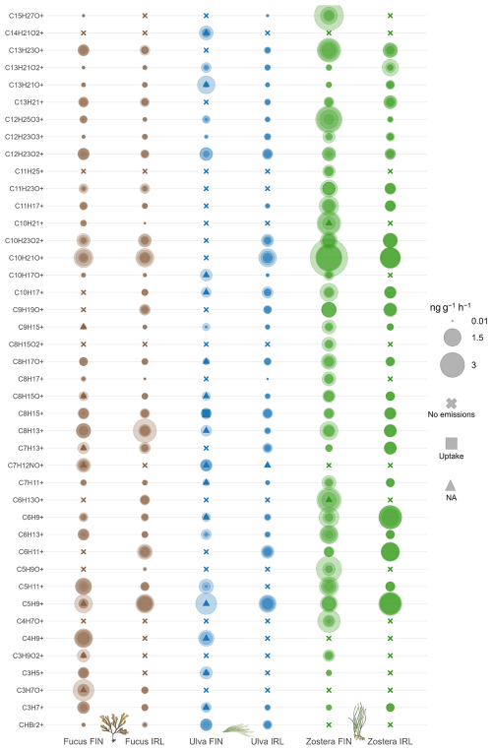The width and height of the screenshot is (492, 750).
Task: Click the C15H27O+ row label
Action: coord(27,16)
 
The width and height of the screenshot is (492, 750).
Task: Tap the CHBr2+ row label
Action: coord(31,724)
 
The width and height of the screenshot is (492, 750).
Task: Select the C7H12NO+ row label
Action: coord(26,465)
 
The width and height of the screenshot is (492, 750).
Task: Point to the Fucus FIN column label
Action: coord(84,741)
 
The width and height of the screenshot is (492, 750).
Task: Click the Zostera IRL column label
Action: coord(390,741)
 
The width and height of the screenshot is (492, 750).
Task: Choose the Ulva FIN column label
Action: coord(206,741)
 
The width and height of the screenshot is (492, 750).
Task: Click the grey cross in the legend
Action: coord(452,404)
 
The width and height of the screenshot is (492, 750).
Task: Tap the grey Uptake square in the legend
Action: coord(452,443)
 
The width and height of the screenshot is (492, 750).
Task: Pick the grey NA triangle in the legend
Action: coord(451,485)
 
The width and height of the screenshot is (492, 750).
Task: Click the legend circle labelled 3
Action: coord(453,365)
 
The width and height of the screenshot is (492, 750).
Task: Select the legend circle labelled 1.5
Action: coord(453,338)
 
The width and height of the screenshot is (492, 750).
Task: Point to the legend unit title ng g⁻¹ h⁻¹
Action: coord(450,307)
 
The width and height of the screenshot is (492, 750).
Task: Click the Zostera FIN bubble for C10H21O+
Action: coord(329,258)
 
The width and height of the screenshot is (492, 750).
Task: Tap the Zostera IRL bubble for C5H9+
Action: coord(391,603)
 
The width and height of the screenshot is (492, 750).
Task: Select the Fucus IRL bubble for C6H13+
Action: coord(145,534)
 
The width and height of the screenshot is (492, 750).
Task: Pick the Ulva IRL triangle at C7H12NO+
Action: coord(268,465)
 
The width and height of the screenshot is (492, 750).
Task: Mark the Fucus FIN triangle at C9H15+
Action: coord(84,327)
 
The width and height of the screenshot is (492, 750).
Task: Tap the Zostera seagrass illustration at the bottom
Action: coord(358,720)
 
